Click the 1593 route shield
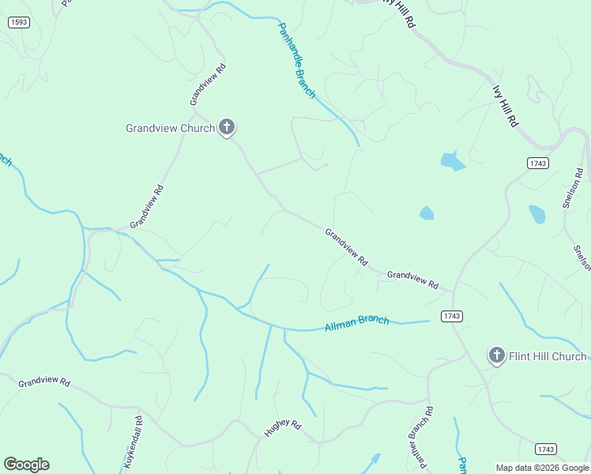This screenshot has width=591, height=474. click(x=19, y=22)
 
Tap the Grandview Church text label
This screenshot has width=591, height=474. click(x=170, y=128)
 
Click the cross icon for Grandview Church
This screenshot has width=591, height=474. click(x=227, y=127)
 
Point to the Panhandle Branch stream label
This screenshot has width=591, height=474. click(x=296, y=60)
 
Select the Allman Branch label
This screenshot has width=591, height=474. click(x=356, y=323)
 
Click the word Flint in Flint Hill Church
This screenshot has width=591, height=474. click(x=521, y=356)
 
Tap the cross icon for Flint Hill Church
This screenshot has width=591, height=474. click(x=496, y=355)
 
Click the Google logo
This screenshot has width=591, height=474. click(x=26, y=465)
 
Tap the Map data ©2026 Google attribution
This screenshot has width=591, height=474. click(x=542, y=468)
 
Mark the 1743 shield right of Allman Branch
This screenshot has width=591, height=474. click(x=452, y=316)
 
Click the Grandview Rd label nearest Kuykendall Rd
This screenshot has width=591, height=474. click(x=44, y=382)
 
